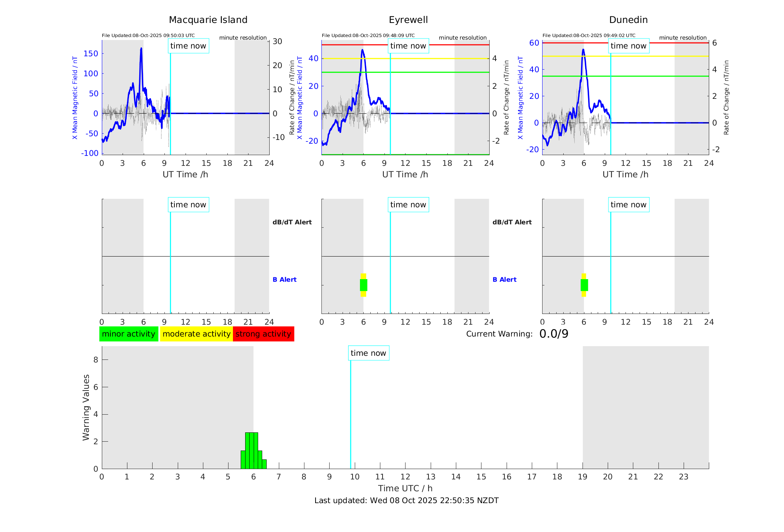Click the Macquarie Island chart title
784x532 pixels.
(x=208, y=20)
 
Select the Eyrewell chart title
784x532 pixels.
(x=408, y=20)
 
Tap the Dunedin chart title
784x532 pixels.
(x=628, y=20)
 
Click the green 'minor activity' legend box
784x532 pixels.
(x=129, y=334)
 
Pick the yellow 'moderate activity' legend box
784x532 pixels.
(x=196, y=334)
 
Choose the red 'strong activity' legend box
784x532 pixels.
(x=263, y=334)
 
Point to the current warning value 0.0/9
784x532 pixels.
(x=554, y=334)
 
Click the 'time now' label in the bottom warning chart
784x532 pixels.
(x=368, y=353)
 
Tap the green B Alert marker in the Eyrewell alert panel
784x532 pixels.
(x=363, y=285)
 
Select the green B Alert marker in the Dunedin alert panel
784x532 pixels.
(x=584, y=285)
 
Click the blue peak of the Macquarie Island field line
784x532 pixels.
(x=141, y=48)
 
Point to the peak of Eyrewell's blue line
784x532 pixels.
(x=362, y=50)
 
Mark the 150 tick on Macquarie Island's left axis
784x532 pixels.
(x=91, y=54)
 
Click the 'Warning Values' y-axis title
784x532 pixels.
(x=86, y=407)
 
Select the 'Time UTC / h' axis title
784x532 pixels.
(x=405, y=488)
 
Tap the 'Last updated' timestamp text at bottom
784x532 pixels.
(x=406, y=501)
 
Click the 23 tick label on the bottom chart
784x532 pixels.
(x=683, y=477)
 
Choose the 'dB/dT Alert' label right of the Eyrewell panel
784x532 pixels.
(x=512, y=222)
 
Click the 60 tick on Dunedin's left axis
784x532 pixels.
(x=534, y=43)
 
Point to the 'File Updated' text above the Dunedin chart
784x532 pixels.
(x=588, y=36)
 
